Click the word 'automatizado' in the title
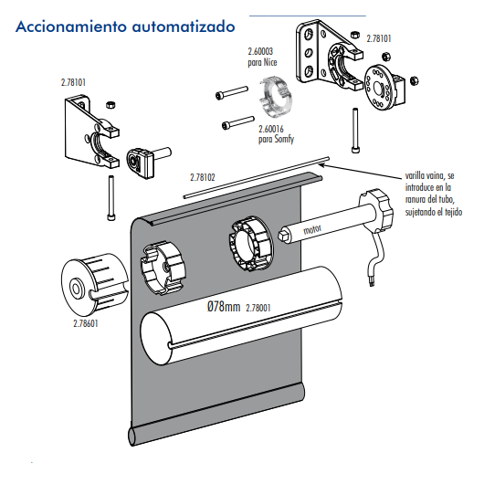click(x=184, y=26)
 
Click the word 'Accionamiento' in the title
click(x=71, y=26)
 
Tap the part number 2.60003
click(x=260, y=51)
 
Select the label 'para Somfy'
click(x=276, y=139)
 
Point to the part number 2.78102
click(x=203, y=177)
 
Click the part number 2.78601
click(x=86, y=323)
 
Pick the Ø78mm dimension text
click(x=224, y=307)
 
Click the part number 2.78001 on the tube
click(x=258, y=308)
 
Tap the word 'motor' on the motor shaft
click(x=312, y=229)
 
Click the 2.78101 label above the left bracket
click(x=73, y=83)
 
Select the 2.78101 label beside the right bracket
click(x=379, y=38)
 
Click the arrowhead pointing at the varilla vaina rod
click(x=321, y=165)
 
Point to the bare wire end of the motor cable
click(x=372, y=281)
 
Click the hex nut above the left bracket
click(x=110, y=105)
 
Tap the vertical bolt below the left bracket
click(x=111, y=198)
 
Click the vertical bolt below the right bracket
click(x=355, y=131)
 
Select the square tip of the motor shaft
click(x=283, y=237)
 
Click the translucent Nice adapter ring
click(x=276, y=97)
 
